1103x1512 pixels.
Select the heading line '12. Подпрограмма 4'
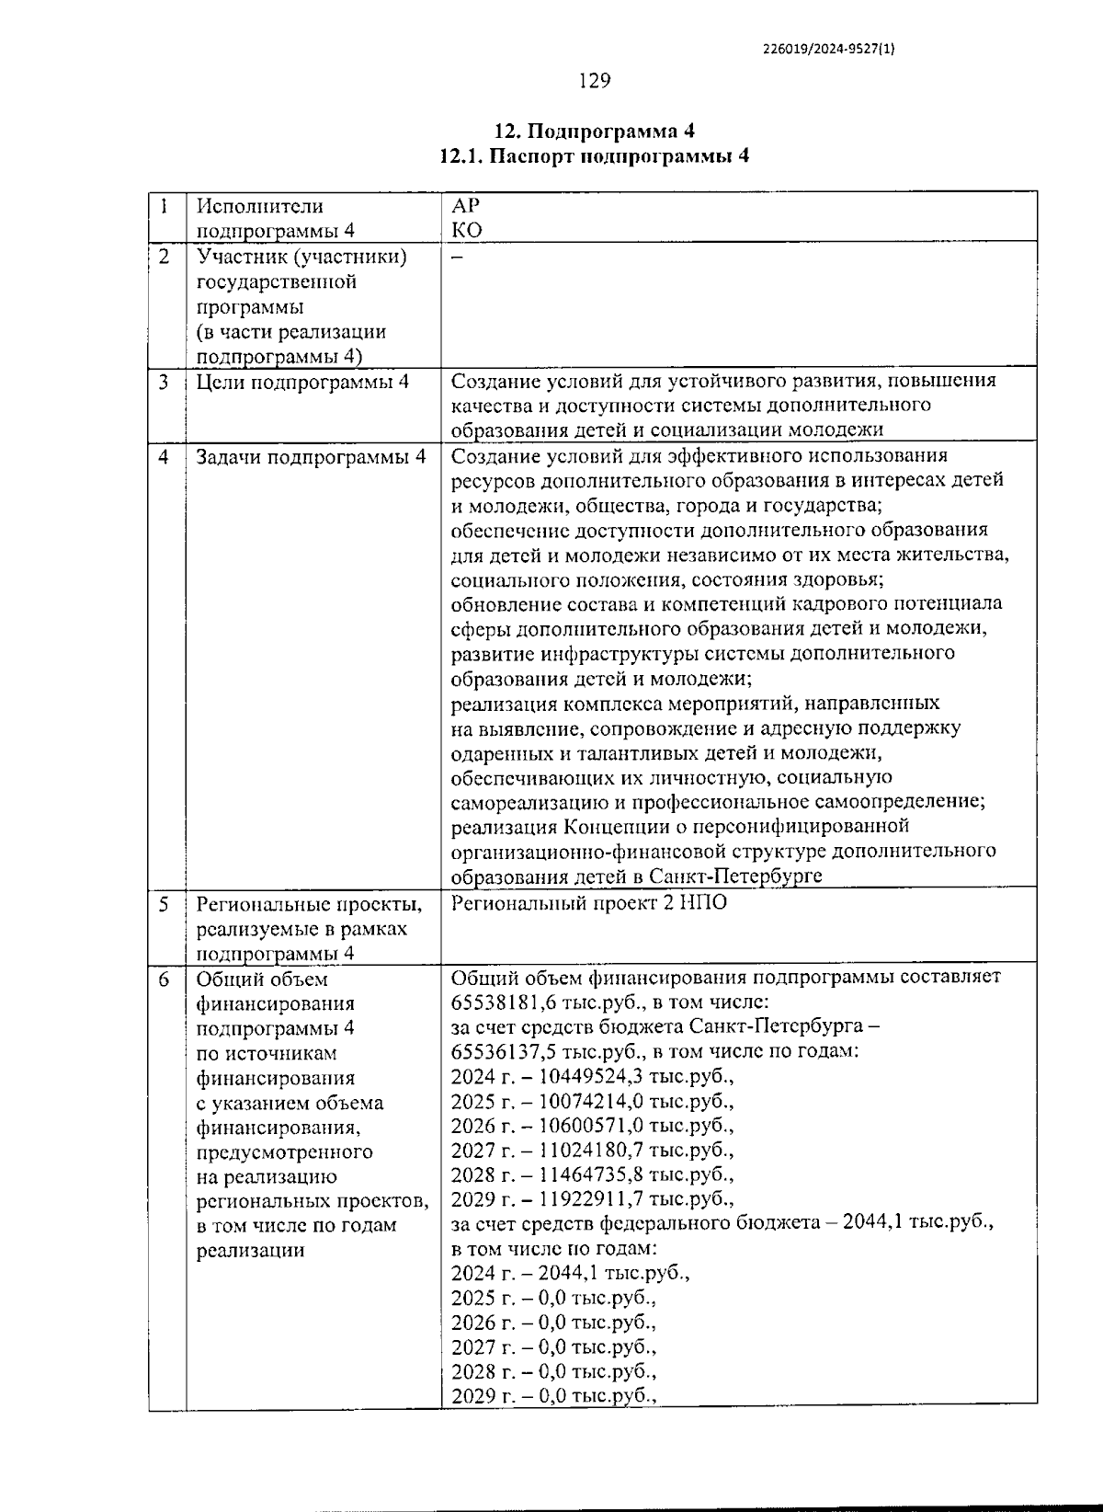[x=594, y=131]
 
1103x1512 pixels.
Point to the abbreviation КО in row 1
[x=467, y=230]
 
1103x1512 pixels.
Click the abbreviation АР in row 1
[x=466, y=206]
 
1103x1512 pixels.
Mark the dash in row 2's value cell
[x=457, y=258]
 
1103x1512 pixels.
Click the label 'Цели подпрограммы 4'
[x=302, y=382]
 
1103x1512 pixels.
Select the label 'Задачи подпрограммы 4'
[x=311, y=457]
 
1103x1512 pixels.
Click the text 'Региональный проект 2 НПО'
[x=588, y=903]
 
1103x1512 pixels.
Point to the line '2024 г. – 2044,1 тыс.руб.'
[x=570, y=1274]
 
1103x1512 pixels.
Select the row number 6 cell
[x=164, y=980]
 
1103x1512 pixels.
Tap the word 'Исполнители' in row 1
[x=259, y=206]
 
